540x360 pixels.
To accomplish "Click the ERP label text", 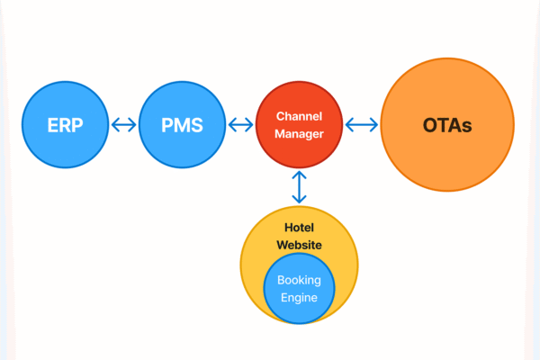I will (66, 125).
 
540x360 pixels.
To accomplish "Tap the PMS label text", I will (183, 125).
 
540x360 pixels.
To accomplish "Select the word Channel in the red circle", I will (299, 116).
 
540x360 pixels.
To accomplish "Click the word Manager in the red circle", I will (299, 134).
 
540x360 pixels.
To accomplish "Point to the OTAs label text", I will (447, 125).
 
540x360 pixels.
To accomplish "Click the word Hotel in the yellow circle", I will (299, 228).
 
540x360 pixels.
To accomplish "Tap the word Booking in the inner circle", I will (299, 280).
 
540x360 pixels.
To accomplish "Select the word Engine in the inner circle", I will (299, 297).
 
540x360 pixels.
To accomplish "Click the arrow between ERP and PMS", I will (124, 125).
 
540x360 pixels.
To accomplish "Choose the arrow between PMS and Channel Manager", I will (240, 125).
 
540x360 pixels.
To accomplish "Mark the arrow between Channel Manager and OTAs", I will (362, 125).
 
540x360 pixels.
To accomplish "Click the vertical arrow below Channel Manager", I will (300, 187).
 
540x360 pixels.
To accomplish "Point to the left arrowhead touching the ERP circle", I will (114, 125).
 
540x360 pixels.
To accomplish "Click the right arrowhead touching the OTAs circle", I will (375, 125).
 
